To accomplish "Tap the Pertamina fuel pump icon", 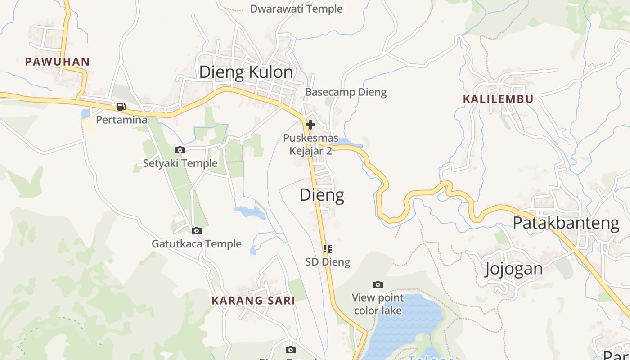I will coord(121,107).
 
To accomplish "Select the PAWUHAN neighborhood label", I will coord(57,62).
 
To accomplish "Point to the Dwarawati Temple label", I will coord(296,9).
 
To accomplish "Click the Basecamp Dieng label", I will coord(346,92).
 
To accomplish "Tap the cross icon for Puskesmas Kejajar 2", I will coord(310,125).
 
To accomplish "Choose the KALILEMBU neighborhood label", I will coord(498,99).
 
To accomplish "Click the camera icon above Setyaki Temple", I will coord(180,150).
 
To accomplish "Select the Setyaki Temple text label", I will coord(180,163).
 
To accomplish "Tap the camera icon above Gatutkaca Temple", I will coord(197,230).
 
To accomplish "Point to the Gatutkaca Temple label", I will coord(197,244).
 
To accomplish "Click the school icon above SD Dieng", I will coord(328,248).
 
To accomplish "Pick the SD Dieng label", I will coord(328,262).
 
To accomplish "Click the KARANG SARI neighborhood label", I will coord(253,301).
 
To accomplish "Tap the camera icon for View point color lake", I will coord(378,284).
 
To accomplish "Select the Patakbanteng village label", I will coord(566,223).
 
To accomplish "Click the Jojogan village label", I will coord(513,269).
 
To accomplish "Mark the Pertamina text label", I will coord(121,120).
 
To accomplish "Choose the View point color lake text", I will coord(378,304).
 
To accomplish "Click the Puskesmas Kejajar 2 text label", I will coord(310,144).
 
